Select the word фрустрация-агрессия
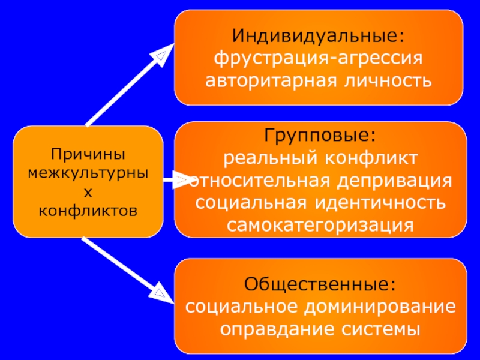(319, 59)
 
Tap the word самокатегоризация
(320, 224)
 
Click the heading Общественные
(320, 284)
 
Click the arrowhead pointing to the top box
(160, 57)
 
